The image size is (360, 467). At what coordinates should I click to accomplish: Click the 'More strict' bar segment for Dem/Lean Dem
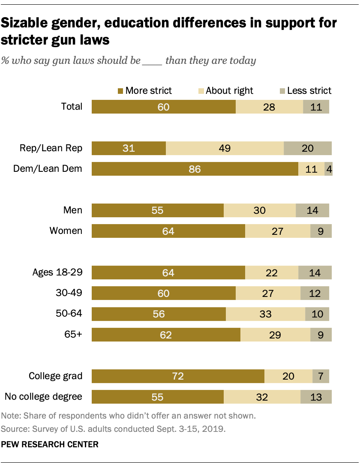195,169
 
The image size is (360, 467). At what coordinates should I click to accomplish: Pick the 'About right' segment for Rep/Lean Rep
225,148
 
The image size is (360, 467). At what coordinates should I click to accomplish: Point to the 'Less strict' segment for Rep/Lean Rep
307,148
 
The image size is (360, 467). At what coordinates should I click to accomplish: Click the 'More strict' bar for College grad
178,376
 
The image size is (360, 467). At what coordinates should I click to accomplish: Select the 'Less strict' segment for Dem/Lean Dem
328,169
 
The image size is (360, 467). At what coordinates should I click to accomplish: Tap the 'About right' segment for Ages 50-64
265,314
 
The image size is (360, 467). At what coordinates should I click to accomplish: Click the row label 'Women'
66,231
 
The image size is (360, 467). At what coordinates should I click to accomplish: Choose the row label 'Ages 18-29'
57,272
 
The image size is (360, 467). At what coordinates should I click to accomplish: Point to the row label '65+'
74,334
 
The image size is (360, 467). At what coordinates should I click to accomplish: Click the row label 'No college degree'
43,396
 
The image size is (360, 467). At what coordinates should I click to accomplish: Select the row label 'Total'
72,106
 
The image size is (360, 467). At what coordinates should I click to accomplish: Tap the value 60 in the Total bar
163,107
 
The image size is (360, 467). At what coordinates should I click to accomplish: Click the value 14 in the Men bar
312,210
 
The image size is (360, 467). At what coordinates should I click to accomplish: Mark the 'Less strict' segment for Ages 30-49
315,293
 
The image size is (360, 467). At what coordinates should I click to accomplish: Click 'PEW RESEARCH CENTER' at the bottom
50,444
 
